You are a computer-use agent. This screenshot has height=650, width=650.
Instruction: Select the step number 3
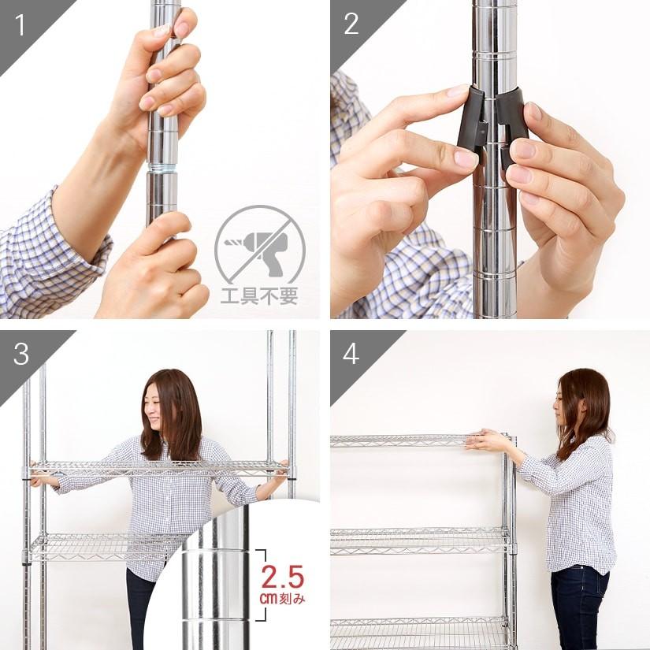[20, 355]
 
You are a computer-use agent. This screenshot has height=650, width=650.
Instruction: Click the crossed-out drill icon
[259, 244]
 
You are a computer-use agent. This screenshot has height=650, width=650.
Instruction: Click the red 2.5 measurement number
[282, 578]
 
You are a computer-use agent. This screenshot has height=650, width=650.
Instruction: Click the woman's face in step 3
[155, 409]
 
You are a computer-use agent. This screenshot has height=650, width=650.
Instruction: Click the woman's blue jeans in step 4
[579, 607]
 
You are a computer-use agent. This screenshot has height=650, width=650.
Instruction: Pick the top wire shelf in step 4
[410, 440]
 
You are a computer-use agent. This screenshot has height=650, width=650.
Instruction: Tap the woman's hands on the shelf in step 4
[483, 439]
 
